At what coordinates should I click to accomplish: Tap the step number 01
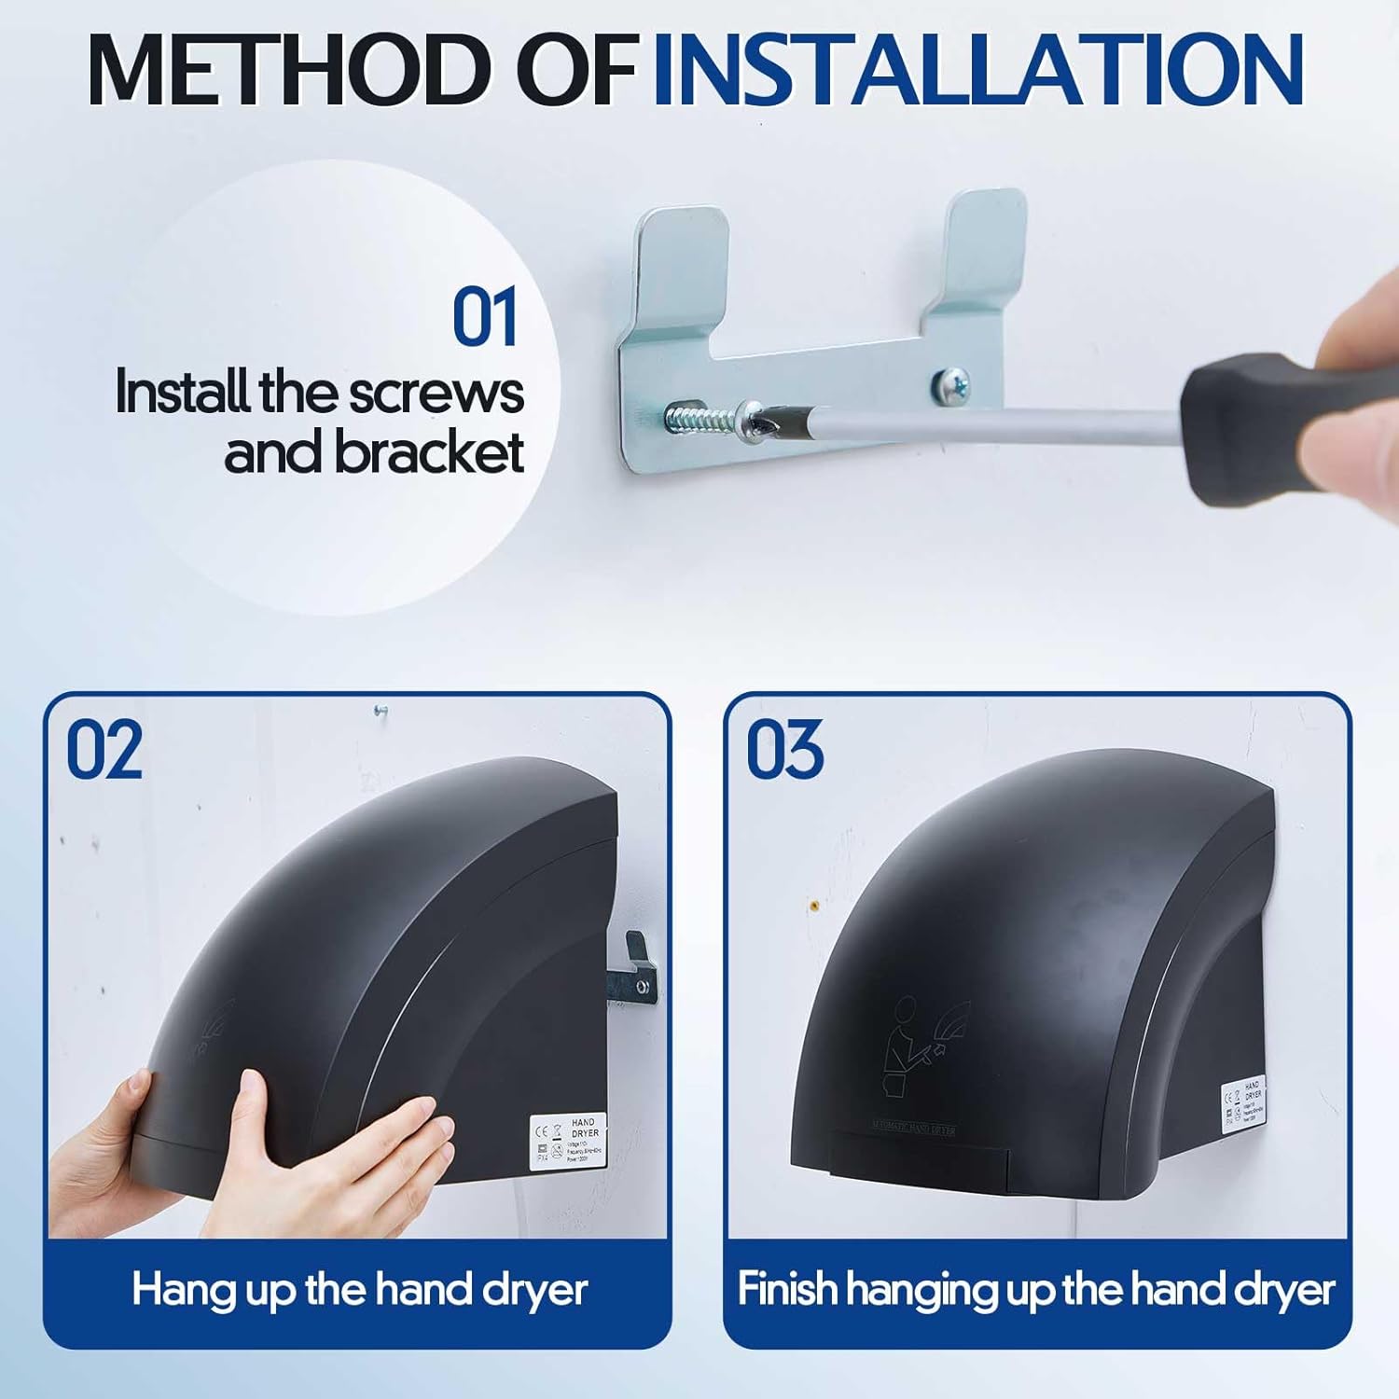pyautogui.click(x=484, y=318)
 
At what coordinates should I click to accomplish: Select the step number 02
pyautogui.click(x=104, y=750)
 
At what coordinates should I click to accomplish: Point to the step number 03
pyautogui.click(x=784, y=750)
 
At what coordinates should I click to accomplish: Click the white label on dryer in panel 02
pyautogui.click(x=568, y=1140)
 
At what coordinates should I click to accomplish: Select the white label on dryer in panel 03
pyautogui.click(x=1245, y=1105)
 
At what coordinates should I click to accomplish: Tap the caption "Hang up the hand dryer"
pyautogui.click(x=359, y=1290)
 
